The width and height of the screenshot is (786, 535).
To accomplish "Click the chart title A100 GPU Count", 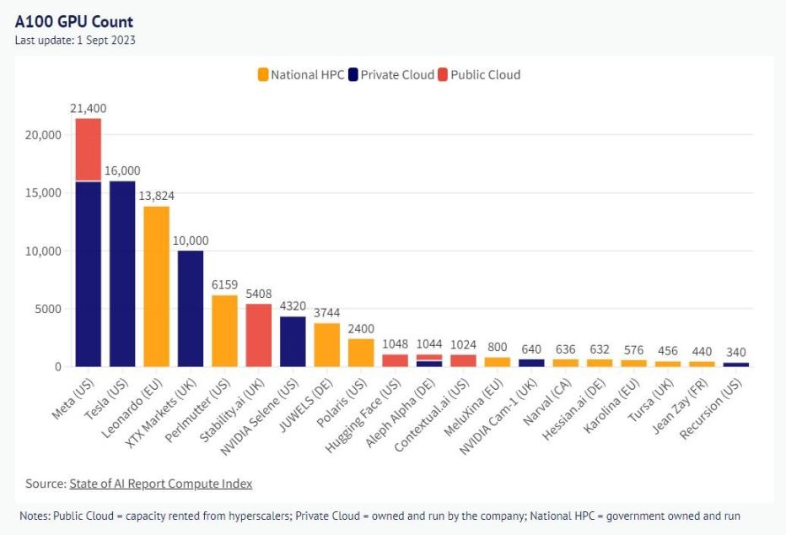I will [74, 22].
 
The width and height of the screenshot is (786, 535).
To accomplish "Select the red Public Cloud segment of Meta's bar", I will [89, 149].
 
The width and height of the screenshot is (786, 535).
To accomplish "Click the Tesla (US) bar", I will [122, 273].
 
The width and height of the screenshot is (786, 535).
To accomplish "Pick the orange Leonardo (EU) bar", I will [156, 286].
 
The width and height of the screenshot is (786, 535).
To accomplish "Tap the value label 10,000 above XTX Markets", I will [191, 240].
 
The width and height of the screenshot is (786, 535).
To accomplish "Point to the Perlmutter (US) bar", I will [224, 330].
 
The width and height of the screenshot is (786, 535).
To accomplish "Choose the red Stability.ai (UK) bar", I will [258, 335].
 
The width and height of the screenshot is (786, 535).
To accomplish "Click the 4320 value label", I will [293, 306].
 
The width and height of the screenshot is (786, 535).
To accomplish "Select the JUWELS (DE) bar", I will [326, 344].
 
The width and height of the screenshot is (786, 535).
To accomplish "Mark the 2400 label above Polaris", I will [361, 328].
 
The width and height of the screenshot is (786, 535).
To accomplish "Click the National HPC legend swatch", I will [263, 75].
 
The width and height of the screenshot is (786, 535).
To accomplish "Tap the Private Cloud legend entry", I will [392, 75].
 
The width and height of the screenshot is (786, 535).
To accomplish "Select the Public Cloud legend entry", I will [478, 75].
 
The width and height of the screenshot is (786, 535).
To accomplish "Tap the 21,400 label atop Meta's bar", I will [89, 108].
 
